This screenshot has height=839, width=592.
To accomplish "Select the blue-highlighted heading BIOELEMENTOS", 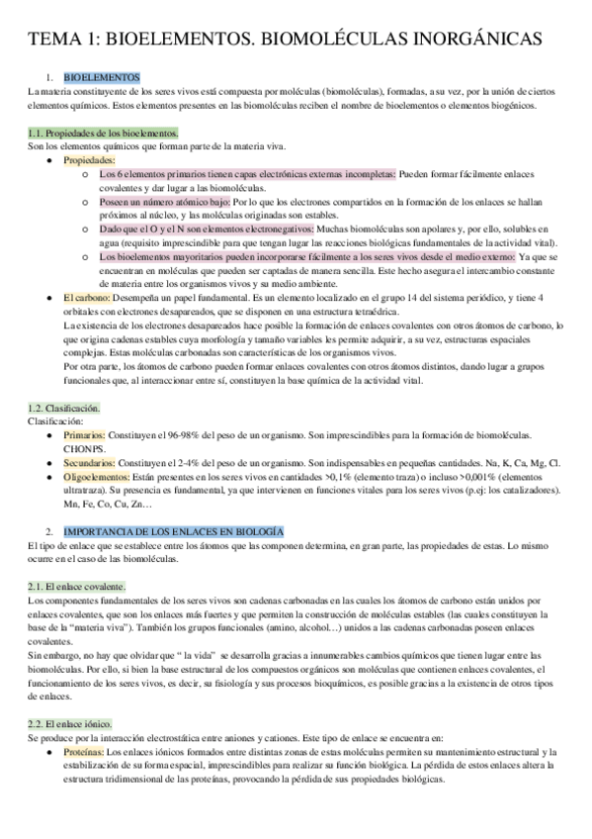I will (x=102, y=77).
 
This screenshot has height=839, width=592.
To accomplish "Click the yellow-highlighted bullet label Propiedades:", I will (x=89, y=159).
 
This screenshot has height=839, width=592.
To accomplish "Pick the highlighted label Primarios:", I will (x=90, y=435).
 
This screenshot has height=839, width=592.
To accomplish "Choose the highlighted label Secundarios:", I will (x=94, y=462).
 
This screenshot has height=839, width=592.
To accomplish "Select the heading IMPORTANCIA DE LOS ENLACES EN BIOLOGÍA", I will (x=172, y=532).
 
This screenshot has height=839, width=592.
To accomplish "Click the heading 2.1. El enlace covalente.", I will (x=77, y=586).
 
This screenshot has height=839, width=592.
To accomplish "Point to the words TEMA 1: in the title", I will (x=61, y=39).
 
